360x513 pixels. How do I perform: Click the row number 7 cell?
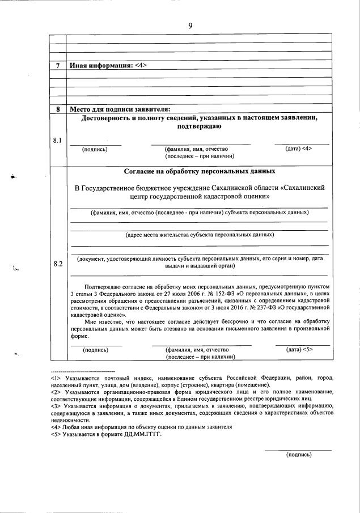pos(58,65)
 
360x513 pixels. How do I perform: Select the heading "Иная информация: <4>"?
pos(108,65)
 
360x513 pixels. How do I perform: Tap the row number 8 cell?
pos(58,109)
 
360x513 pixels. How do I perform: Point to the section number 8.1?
pos(57,139)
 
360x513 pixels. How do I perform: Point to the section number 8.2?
pos(57,264)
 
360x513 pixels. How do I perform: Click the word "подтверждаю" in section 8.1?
pos(200,127)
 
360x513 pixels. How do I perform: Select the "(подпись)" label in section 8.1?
pos(94,149)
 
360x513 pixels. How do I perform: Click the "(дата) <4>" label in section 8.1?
pos(299,149)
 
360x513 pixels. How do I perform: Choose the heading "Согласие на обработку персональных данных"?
pos(200,171)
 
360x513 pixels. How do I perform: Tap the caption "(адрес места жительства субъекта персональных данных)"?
pos(200,234)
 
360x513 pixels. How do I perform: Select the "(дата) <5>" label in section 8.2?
pos(300,350)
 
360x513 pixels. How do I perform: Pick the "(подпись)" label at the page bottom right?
pos(298,454)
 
